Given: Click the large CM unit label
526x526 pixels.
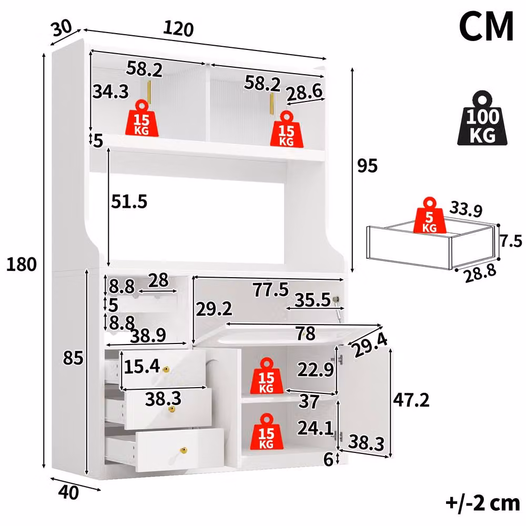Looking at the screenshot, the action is pos(486,27).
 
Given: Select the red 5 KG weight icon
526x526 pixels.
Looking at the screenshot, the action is pos(430,215).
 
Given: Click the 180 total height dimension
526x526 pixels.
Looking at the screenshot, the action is pos(21,264).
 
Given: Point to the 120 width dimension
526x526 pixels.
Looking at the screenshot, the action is pos(178,29).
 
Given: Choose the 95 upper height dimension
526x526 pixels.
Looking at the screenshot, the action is pos(367,166).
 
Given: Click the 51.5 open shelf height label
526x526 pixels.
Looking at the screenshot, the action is pos(129,201).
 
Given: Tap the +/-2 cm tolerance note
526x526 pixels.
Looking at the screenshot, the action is pos(483,503).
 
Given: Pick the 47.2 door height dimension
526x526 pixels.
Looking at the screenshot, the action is pos(411,400).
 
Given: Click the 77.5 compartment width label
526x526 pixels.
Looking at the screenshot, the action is pos(271,289).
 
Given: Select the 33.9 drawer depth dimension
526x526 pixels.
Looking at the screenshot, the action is pos(466,209).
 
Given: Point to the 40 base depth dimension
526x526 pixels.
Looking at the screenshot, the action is pos(68,492).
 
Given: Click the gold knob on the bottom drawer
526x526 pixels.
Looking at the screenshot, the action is pos(184,450).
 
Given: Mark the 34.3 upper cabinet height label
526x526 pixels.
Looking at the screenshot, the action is pos(110,91).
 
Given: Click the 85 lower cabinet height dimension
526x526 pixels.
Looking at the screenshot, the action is pos(73,358).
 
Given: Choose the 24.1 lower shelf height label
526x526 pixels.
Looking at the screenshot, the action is pos(315,428).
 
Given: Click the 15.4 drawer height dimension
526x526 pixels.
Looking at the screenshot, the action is pos(142,366).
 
